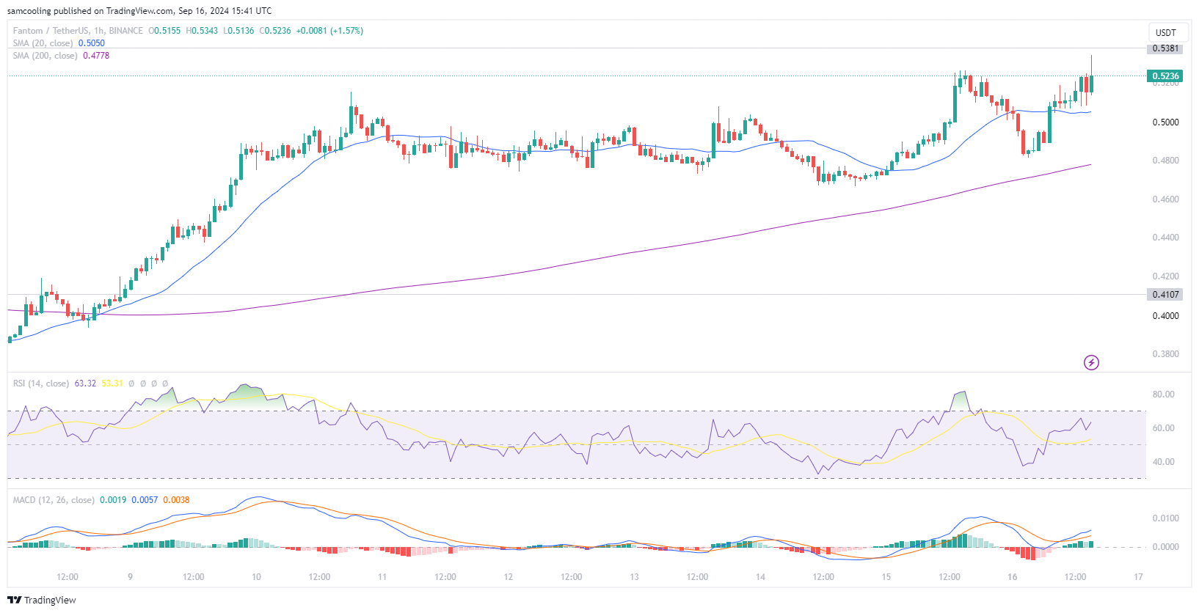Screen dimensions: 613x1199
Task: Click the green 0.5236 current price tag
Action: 1165,76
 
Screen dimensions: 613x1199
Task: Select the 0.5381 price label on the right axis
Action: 1165,48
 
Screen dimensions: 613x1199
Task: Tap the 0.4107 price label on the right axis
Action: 1165,295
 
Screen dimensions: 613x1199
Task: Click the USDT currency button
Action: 1165,32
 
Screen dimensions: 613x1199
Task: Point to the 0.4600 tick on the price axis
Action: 1165,199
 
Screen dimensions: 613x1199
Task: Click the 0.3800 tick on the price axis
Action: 1165,354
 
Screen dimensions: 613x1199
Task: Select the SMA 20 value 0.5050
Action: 92,43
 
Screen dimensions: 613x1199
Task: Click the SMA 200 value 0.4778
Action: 96,56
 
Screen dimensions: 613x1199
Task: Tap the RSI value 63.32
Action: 85,383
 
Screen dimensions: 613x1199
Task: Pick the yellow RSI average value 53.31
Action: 112,383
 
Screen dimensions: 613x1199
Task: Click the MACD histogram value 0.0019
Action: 113,500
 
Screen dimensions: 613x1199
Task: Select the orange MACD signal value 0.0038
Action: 176,500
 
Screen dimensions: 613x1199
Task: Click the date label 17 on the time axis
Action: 1138,577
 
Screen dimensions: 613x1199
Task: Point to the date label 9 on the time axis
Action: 130,577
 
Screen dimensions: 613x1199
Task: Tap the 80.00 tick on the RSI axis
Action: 1163,394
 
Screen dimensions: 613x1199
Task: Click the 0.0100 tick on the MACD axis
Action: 1165,518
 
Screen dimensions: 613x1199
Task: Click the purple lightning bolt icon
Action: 1091,362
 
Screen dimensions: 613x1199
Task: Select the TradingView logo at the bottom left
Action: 42,600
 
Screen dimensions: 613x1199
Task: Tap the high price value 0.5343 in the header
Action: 203,31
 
